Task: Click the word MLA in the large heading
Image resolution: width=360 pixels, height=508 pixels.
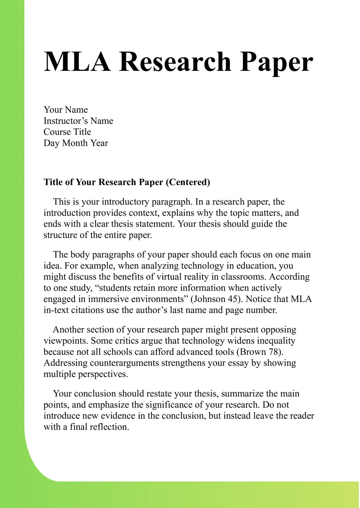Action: pyautogui.click(x=77, y=61)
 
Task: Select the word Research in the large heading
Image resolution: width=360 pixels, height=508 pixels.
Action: pyautogui.click(x=175, y=61)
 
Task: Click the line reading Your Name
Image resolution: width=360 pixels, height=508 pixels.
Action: pyautogui.click(x=66, y=110)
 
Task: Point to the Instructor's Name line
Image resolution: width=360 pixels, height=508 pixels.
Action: pyautogui.click(x=78, y=121)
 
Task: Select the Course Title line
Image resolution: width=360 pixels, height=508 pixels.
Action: pyautogui.click(x=67, y=132)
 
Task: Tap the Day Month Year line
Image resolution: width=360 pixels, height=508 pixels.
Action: pyautogui.click(x=75, y=143)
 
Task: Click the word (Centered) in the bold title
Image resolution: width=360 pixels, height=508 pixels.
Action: pyautogui.click(x=188, y=182)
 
